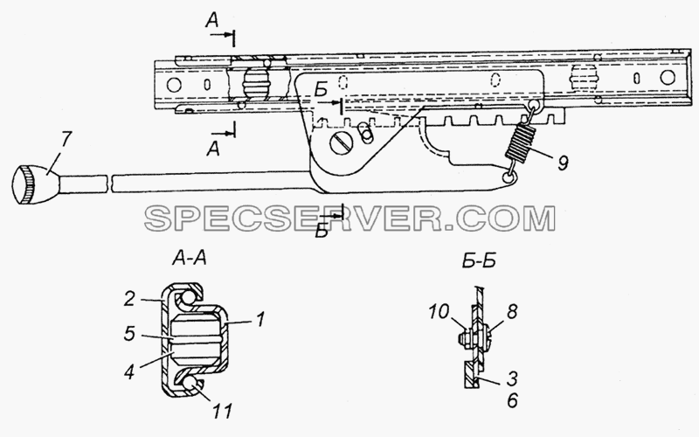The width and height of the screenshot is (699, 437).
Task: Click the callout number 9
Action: (x=563, y=163)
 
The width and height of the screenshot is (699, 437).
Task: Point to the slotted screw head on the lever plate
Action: (x=342, y=142)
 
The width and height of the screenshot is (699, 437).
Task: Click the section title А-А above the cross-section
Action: (x=190, y=258)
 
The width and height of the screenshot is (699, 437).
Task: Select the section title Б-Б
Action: (x=478, y=260)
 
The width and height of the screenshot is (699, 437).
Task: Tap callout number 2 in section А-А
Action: (x=128, y=298)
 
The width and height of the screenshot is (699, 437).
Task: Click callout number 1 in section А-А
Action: (x=260, y=319)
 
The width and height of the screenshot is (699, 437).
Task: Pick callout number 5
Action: (x=129, y=333)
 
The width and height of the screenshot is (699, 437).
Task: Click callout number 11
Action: (x=222, y=411)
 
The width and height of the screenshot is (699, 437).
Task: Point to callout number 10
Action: (x=439, y=312)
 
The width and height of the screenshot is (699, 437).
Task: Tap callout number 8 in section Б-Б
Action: (x=512, y=312)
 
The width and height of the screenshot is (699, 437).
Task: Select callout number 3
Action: (x=512, y=378)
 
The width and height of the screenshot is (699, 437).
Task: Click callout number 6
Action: (x=512, y=400)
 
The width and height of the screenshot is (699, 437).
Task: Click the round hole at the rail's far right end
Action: (x=668, y=77)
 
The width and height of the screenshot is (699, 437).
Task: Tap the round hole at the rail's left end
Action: (x=173, y=85)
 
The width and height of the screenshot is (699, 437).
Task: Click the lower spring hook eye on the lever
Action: (x=508, y=178)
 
